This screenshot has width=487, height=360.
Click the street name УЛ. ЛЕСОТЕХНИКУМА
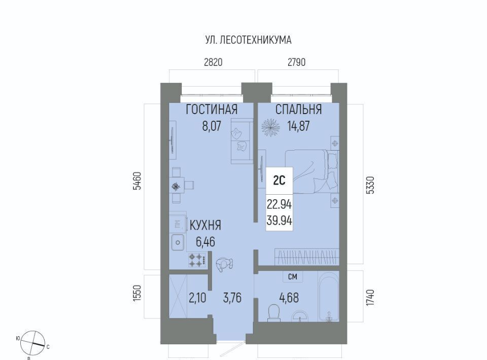pyautogui.click(x=248, y=40)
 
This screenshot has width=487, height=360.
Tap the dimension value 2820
pyautogui.click(x=213, y=62)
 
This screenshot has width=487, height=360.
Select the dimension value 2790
pyautogui.click(x=297, y=62)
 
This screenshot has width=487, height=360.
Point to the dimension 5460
pyautogui.click(x=137, y=181)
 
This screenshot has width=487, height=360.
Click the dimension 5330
pyautogui.click(x=370, y=185)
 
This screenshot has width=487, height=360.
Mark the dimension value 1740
pyautogui.click(x=370, y=298)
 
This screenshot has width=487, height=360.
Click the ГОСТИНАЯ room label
pyautogui.click(x=212, y=110)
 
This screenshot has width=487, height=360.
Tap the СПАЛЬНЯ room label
pyautogui.click(x=298, y=110)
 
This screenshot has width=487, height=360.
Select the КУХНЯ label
pyautogui.click(x=205, y=225)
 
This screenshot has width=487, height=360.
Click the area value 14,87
pyautogui.click(x=298, y=126)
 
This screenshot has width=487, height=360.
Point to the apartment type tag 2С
pyautogui.click(x=279, y=180)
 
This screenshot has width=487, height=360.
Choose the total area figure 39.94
pyautogui.click(x=279, y=221)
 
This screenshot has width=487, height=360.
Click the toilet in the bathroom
pyautogui.click(x=274, y=312)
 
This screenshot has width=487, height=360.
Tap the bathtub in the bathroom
pyautogui.click(x=329, y=297)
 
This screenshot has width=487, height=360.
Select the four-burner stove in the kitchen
pyautogui.click(x=197, y=260)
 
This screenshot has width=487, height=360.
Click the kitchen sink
pyautogui.click(x=178, y=242)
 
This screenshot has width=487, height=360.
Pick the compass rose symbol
pyautogui.click(x=32, y=343)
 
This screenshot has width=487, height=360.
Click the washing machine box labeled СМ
pyautogui.click(x=292, y=276)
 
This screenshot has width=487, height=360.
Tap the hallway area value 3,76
pyautogui.click(x=232, y=298)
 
